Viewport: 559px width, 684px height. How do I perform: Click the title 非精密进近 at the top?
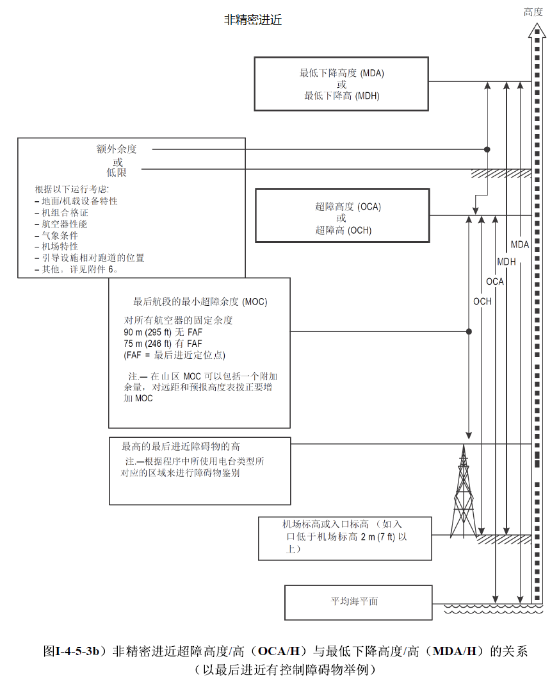pyautogui.click(x=252, y=21)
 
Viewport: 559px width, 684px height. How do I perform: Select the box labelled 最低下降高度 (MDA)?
pyautogui.click(x=341, y=84)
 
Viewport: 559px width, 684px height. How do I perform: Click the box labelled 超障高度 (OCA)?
pyautogui.click(x=342, y=216)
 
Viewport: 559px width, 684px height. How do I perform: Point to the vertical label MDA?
pyautogui.click(x=520, y=244)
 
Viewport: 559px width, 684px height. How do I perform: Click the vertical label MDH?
pyautogui.click(x=506, y=262)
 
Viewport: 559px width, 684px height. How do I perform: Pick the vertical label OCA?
pyautogui.click(x=494, y=281)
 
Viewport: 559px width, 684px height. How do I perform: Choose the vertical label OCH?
pyautogui.click(x=482, y=301)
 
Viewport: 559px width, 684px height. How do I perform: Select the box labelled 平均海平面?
pyautogui.click(x=358, y=602)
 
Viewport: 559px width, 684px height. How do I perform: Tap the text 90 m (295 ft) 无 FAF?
pyautogui.click(x=163, y=332)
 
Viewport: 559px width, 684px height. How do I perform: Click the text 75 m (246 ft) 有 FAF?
pyautogui.click(x=163, y=344)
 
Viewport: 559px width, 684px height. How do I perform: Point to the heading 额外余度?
pyautogui.click(x=117, y=149)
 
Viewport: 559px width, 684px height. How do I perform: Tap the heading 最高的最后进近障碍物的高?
pyautogui.click(x=181, y=446)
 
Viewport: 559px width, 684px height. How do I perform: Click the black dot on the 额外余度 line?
pyautogui.click(x=487, y=149)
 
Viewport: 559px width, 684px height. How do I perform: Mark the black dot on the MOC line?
pyautogui.click(x=469, y=331)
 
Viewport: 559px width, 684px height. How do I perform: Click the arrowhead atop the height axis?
pyautogui.click(x=537, y=29)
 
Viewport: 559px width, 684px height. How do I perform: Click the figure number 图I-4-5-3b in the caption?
pyautogui.click(x=74, y=652)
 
